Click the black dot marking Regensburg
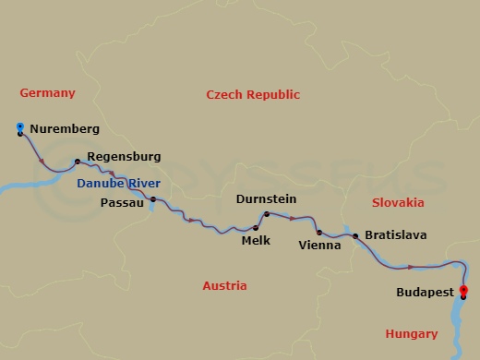(78, 162)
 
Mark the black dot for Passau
(153, 199)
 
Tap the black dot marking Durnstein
(266, 215)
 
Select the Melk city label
(255, 241)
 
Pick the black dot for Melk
(255, 227)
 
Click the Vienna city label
(319, 246)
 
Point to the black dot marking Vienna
(318, 232)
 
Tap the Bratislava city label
(396, 235)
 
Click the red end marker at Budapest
(462, 293)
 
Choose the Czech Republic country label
(253, 95)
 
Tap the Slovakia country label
(398, 202)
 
